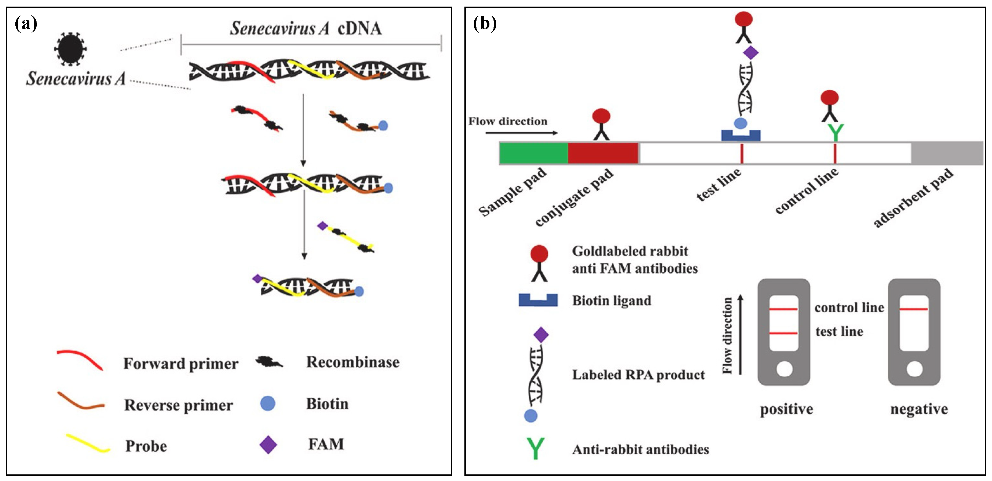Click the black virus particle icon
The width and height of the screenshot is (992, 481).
coord(71,49)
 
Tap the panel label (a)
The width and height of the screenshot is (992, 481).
coord(26,24)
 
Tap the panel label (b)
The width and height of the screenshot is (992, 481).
coord(484,24)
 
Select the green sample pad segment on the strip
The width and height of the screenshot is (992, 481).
coord(533,153)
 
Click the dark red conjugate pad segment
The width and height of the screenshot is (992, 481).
coord(603,153)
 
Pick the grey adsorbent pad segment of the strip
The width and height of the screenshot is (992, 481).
coord(947,153)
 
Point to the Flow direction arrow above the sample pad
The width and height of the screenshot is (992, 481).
coord(522,133)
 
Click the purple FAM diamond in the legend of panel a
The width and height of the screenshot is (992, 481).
coord(268,445)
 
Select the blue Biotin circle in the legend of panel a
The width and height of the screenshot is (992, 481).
coord(268,403)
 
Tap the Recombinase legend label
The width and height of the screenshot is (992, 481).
coord(352,362)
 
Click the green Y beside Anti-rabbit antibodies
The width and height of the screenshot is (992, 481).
coord(536,448)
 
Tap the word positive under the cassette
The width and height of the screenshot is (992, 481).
coord(786,409)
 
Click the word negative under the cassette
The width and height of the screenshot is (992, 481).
coord(919,409)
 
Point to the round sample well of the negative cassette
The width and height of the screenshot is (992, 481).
coord(914,369)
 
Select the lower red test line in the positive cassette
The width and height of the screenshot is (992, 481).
coord(783,333)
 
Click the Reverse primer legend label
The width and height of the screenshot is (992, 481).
coord(178,405)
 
